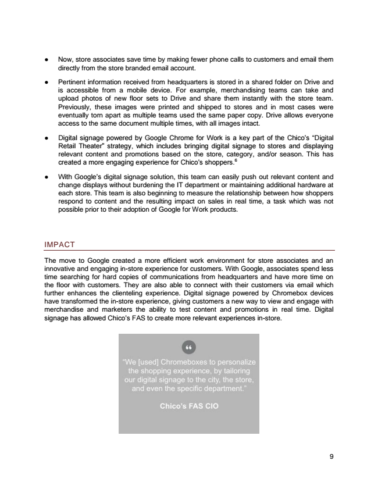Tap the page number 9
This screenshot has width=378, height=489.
point(331,457)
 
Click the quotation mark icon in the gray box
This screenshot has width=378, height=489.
point(188,348)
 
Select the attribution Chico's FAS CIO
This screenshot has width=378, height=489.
point(189,406)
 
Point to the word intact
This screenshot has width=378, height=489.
point(248,123)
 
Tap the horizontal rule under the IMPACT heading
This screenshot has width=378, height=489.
point(189,250)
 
